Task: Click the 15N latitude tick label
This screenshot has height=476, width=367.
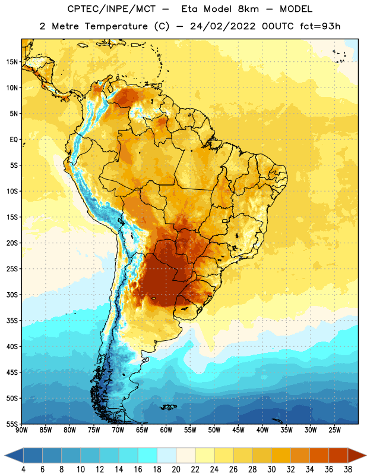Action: point(12,62)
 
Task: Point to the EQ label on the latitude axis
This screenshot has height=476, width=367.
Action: point(14,140)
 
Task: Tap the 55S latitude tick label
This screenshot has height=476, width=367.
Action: point(12,424)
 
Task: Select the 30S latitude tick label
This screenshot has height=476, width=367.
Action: point(12,295)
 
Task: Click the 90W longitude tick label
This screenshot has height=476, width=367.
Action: point(22,430)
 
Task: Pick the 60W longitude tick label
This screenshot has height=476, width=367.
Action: point(166,430)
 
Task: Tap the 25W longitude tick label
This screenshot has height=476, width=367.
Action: point(334,430)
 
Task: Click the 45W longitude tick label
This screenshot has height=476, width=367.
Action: point(238,430)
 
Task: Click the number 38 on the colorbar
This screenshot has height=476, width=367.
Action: point(347,469)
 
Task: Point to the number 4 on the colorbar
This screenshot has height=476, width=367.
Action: point(23,469)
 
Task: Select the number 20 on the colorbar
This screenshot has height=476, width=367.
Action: point(176,469)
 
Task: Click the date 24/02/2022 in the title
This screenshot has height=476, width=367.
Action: point(223,26)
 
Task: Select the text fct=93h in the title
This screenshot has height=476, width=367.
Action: point(320,26)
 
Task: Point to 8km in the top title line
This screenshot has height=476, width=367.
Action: point(248,9)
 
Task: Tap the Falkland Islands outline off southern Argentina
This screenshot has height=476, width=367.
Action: point(168,407)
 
